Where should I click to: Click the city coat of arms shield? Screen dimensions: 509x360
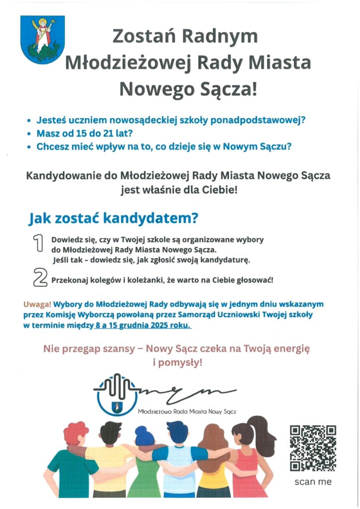tap(36, 39)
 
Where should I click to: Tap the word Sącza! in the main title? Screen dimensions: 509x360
tap(224, 89)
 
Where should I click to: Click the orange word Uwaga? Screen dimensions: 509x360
tap(37, 304)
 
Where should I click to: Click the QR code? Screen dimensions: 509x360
tap(313, 448)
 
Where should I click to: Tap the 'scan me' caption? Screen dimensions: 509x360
tap(313, 482)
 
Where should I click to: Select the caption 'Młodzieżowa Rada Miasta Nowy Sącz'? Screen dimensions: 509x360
tap(186, 412)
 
